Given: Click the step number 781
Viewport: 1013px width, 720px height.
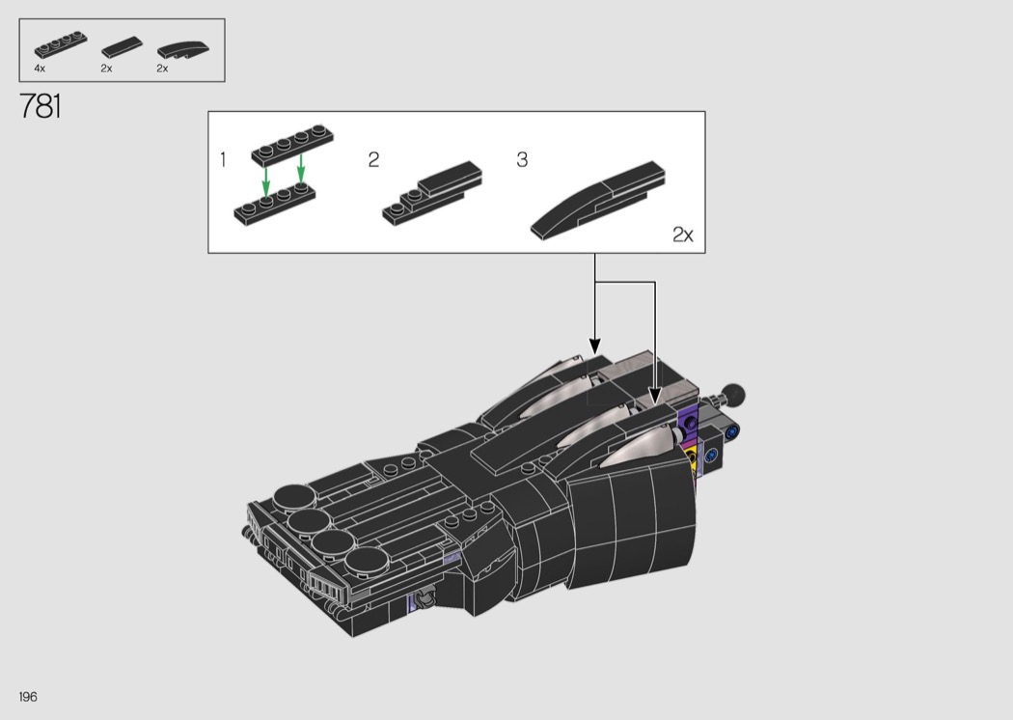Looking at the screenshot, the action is pos(41,106).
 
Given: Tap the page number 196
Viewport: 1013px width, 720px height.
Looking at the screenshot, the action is pos(28,697).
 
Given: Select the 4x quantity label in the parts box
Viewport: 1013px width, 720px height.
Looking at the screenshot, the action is pos(40,68).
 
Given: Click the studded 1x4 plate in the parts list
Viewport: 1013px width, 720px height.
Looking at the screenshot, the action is pos(61,44).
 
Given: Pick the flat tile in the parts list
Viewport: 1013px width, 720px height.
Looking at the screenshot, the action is pos(122,47).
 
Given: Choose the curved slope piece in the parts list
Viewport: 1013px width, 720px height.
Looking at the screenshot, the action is pos(183,50).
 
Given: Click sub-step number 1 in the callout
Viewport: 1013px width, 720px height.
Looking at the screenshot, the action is pos(223,159).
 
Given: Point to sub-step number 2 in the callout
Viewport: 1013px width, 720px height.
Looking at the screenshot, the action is pos(373,159).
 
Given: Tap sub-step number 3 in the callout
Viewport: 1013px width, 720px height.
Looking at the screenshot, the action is pos(522,159).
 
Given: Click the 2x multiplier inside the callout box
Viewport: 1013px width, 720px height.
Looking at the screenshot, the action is pos(682,234).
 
